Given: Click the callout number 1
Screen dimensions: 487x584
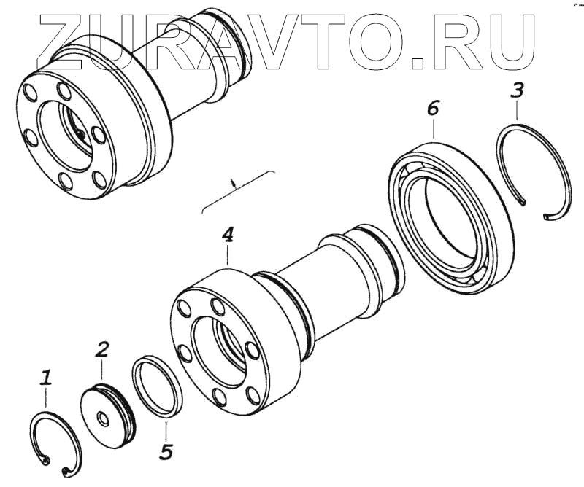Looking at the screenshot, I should click(46, 378).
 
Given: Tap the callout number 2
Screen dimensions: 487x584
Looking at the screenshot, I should click(102, 348).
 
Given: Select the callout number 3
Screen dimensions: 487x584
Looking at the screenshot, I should click(517, 91).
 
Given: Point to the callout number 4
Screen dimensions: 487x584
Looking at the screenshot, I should click(228, 235).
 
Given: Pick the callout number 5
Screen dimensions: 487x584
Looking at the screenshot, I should click(166, 452).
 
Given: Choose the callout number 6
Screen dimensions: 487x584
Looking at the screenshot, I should click(433, 109).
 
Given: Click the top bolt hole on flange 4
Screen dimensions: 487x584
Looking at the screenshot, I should click(216, 305).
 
